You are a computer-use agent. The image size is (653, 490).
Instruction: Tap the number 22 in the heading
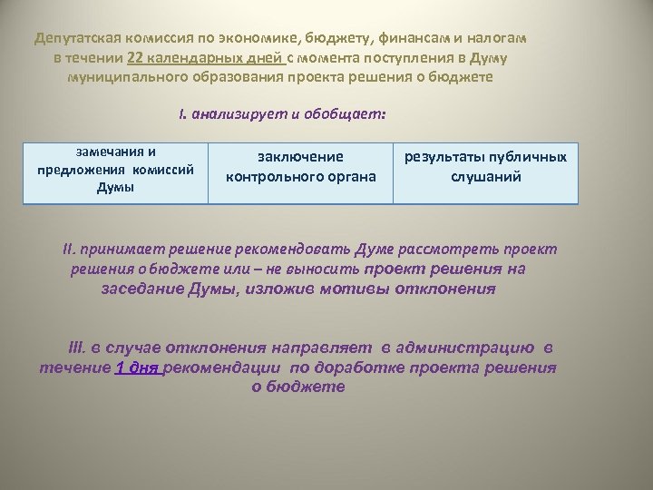[x=136, y=58]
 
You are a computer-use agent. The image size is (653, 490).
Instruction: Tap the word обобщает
[x=350, y=115]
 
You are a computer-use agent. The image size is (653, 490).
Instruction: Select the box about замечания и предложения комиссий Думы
[x=114, y=170]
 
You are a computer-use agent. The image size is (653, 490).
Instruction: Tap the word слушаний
[x=486, y=175]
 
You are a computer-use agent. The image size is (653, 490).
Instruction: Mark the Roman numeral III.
[x=77, y=348]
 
